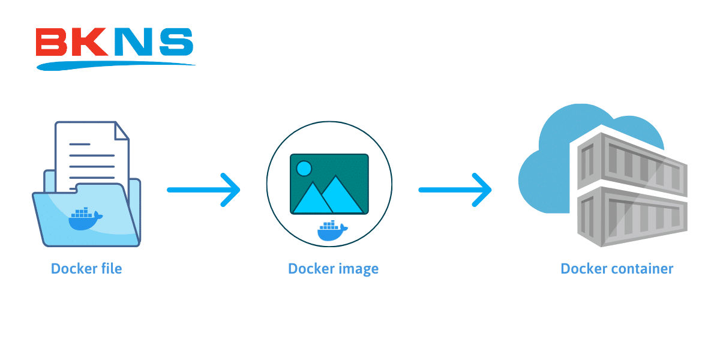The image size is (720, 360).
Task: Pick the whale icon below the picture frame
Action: coord(332,231)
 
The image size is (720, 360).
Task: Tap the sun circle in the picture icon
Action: coord(304,169)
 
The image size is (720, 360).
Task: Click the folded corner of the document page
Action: coord(121,131)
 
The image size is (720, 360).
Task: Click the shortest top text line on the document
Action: coord(80,144)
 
